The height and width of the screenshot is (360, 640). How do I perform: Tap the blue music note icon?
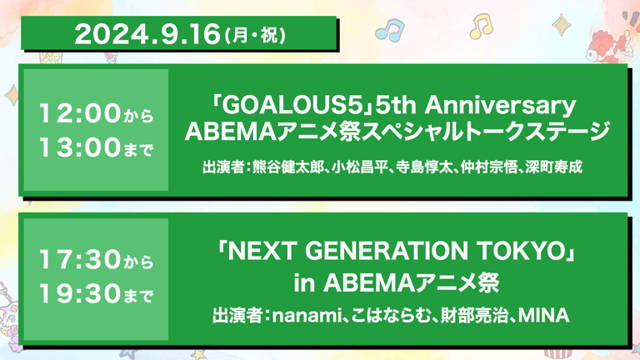389,31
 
